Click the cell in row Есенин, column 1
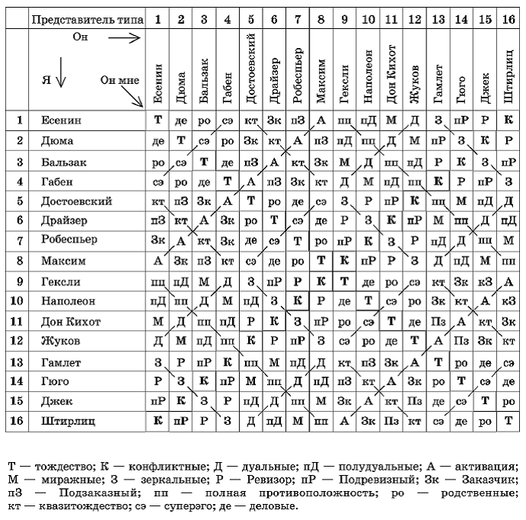click(x=158, y=120)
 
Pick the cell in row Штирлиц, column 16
click(x=508, y=419)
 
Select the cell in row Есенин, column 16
click(x=508, y=120)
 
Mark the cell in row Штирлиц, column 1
click(x=158, y=419)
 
